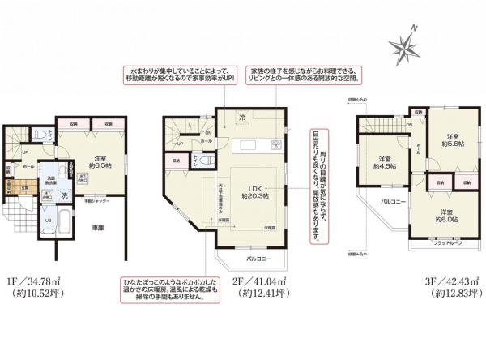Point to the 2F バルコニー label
[258, 259]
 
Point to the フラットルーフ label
[446, 242]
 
